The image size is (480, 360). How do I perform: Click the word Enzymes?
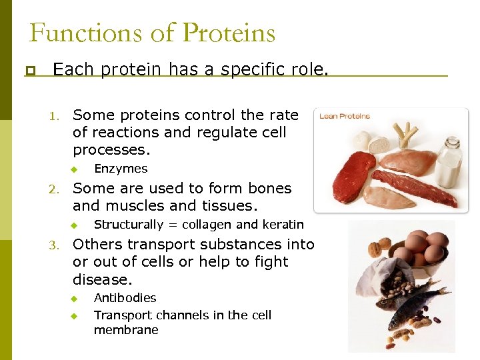tap(121, 169)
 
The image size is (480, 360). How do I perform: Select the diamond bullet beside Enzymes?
tap(75, 169)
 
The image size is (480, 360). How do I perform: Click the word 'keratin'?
tap(283, 225)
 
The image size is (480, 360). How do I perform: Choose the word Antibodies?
tap(125, 298)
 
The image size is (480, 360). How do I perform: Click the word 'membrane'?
tap(126, 330)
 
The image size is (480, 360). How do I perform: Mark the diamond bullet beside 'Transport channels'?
tap(75, 315)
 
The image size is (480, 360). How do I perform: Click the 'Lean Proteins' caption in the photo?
tap(345, 117)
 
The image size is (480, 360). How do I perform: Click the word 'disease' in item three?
tap(101, 279)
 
